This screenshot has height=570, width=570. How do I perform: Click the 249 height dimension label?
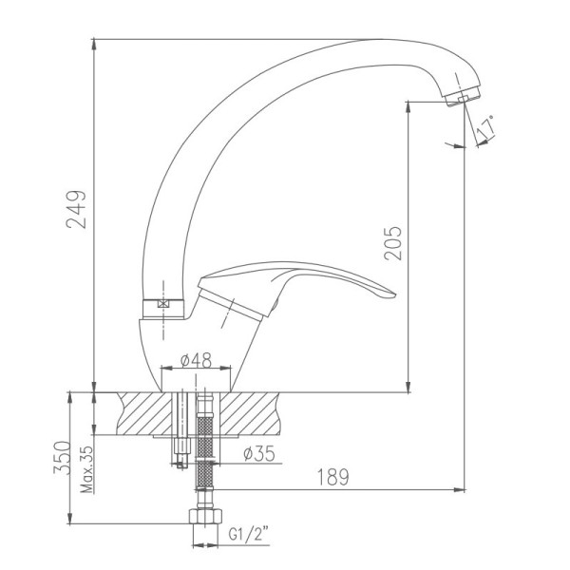pyautogui.click(x=76, y=209)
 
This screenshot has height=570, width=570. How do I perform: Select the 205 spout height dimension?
pyautogui.click(x=393, y=243)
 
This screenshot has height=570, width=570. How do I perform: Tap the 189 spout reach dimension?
pyautogui.click(x=333, y=477)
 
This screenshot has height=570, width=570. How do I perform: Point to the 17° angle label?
pyautogui.click(x=485, y=128)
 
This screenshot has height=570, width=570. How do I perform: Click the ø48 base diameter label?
pyautogui.click(x=196, y=361)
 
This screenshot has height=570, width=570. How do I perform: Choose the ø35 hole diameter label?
pyautogui.click(x=259, y=454)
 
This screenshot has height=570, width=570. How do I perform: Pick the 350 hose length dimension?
pyautogui.click(x=62, y=458)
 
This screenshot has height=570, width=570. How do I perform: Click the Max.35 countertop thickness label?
pyautogui.click(x=86, y=469)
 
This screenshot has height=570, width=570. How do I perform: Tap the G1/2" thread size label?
pyautogui.click(x=249, y=534)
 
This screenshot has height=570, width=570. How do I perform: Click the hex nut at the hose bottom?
pyautogui.click(x=206, y=516)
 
